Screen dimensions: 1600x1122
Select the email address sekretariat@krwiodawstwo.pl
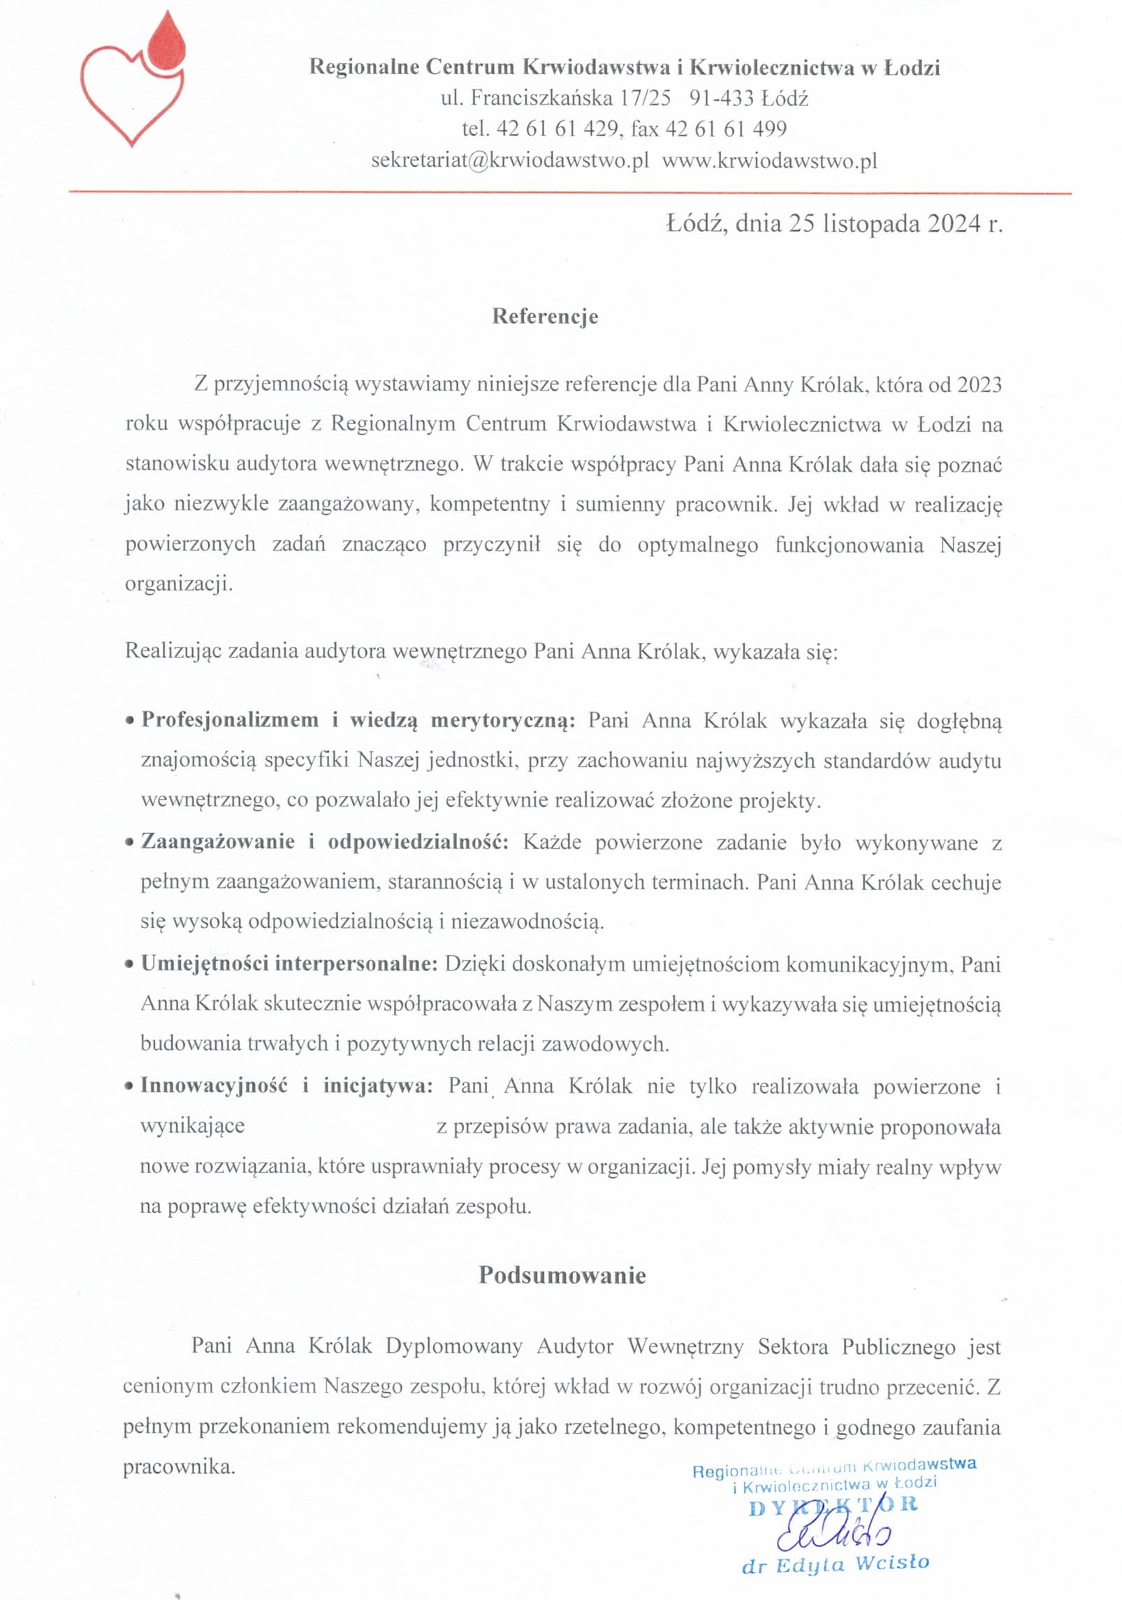coord(510,161)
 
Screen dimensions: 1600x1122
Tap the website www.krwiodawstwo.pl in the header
coord(769,161)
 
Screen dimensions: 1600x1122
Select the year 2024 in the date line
coord(954,224)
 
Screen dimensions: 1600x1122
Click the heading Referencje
coord(545,317)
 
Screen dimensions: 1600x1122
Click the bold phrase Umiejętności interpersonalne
coord(289,963)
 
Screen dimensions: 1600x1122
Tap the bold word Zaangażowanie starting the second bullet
coord(218,841)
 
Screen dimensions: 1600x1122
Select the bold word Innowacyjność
coord(214,1085)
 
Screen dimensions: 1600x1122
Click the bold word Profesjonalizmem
coord(230,720)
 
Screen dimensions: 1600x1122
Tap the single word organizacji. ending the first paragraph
coord(179,584)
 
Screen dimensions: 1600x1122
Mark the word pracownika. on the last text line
coord(180,1467)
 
